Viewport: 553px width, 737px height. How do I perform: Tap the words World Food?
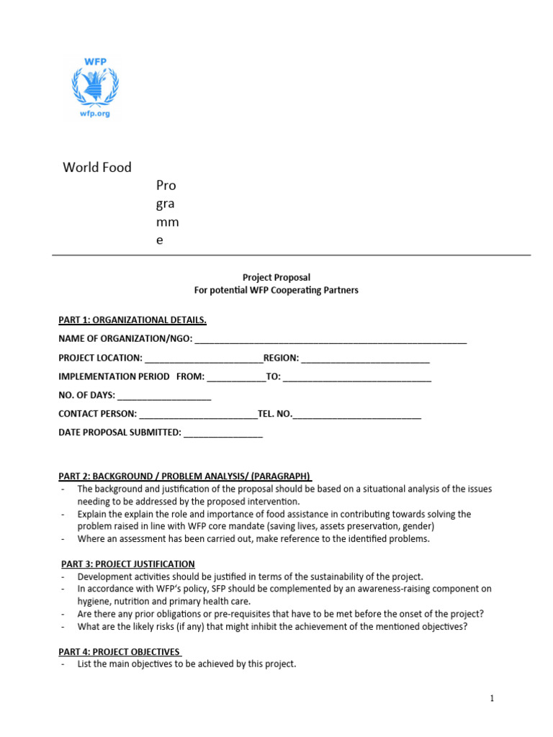coord(97,168)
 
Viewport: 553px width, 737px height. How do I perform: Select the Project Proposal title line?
coord(276,277)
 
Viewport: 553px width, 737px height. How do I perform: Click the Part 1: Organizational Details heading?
coord(132,320)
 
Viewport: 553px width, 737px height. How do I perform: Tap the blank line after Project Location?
coord(204,358)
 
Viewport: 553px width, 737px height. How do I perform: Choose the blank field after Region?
coord(365,358)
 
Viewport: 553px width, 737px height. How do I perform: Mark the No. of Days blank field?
coord(164,396)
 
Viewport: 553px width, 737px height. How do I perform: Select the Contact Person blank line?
coord(198,415)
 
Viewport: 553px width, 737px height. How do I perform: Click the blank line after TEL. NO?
coord(357,415)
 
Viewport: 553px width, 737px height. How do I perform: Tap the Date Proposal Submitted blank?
coord(223,433)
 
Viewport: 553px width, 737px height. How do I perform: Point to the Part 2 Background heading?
coord(185,476)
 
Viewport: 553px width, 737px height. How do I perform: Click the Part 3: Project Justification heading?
coord(127,564)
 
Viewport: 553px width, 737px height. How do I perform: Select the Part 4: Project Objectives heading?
coord(120,652)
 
